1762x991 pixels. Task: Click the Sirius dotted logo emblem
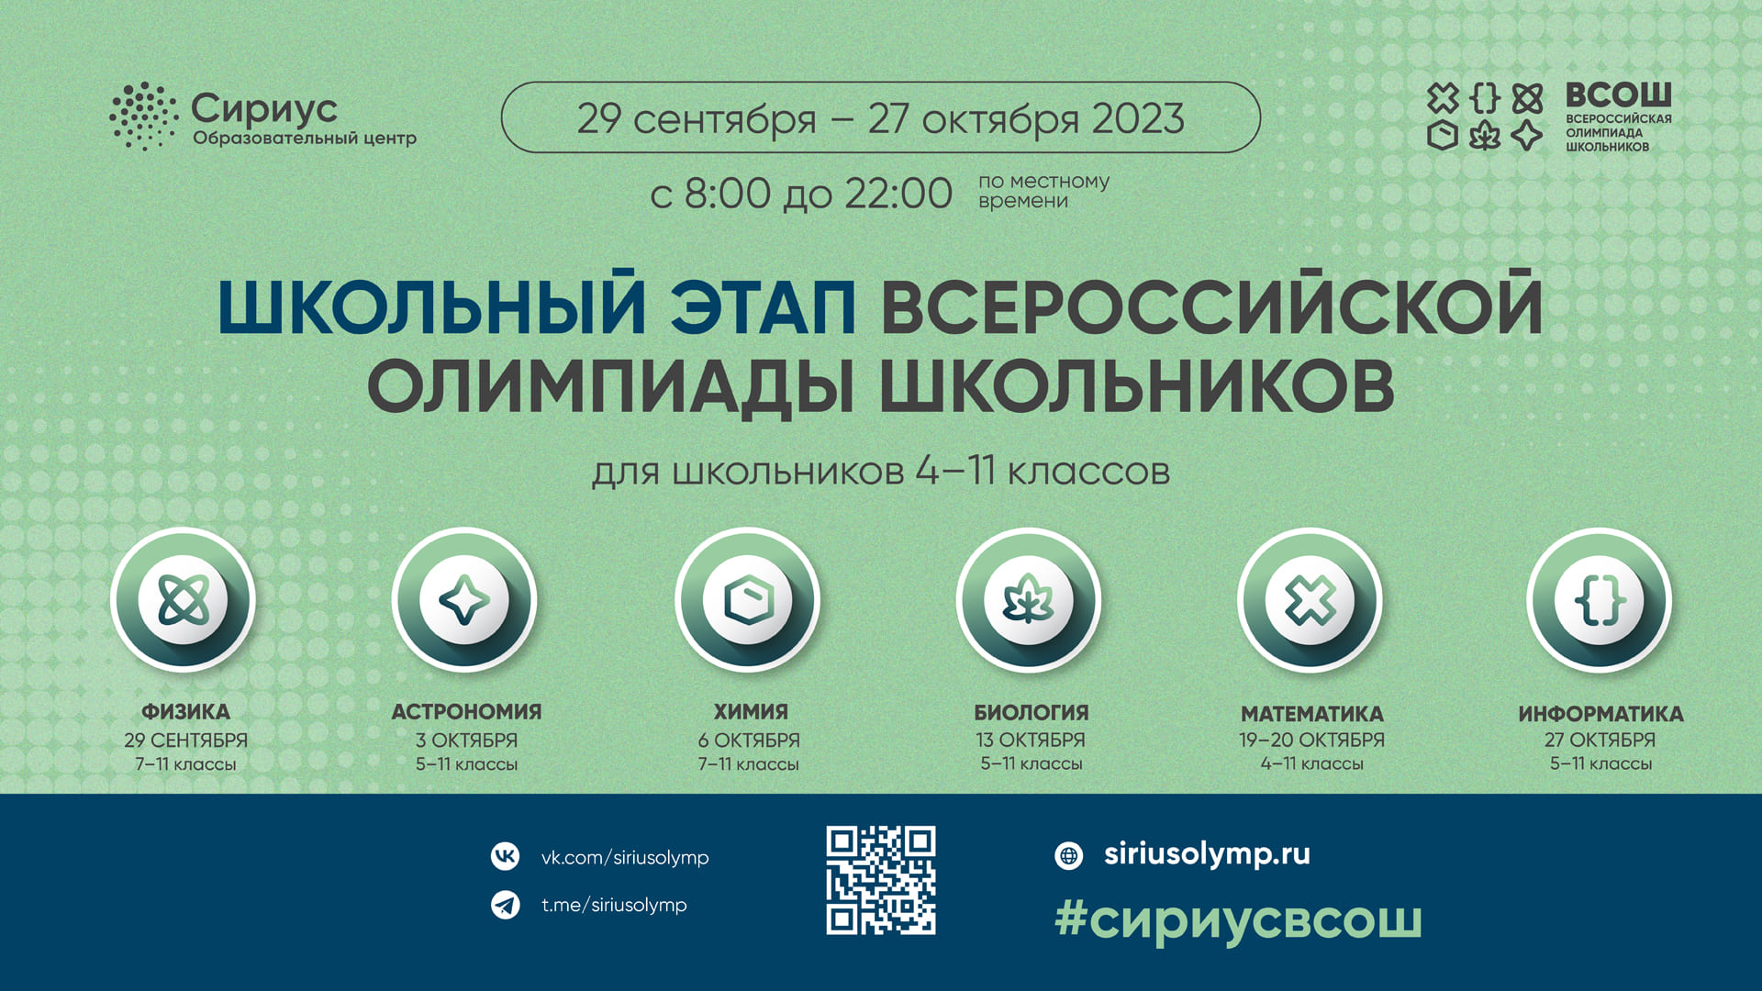pyautogui.click(x=143, y=116)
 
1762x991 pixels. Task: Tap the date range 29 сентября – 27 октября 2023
pyautogui.click(x=881, y=118)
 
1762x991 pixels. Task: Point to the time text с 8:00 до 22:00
pyautogui.click(x=801, y=194)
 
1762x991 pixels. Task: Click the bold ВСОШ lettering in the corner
pyautogui.click(x=1618, y=95)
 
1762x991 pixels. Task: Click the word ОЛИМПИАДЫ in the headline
pyautogui.click(x=611, y=386)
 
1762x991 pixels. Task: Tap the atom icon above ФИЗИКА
pyautogui.click(x=184, y=600)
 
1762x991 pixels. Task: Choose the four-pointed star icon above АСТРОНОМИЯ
pyautogui.click(x=464, y=600)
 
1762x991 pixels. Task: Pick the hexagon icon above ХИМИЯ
pyautogui.click(x=748, y=600)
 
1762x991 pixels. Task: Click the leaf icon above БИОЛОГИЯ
pyautogui.click(x=1029, y=599)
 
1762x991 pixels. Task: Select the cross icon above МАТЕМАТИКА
pyautogui.click(x=1310, y=600)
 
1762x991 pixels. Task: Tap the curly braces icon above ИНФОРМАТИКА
pyautogui.click(x=1600, y=600)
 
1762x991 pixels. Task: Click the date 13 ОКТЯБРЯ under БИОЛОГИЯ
pyautogui.click(x=1031, y=740)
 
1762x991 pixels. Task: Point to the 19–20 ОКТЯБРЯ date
pyautogui.click(x=1311, y=740)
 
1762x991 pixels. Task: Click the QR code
pyautogui.click(x=881, y=880)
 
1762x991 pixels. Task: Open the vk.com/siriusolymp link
pyautogui.click(x=625, y=858)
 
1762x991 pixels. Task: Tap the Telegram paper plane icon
pyautogui.click(x=505, y=905)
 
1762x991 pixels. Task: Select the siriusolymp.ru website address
pyautogui.click(x=1207, y=855)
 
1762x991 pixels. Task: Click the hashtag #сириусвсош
pyautogui.click(x=1238, y=919)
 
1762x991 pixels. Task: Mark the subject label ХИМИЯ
pyautogui.click(x=751, y=712)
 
